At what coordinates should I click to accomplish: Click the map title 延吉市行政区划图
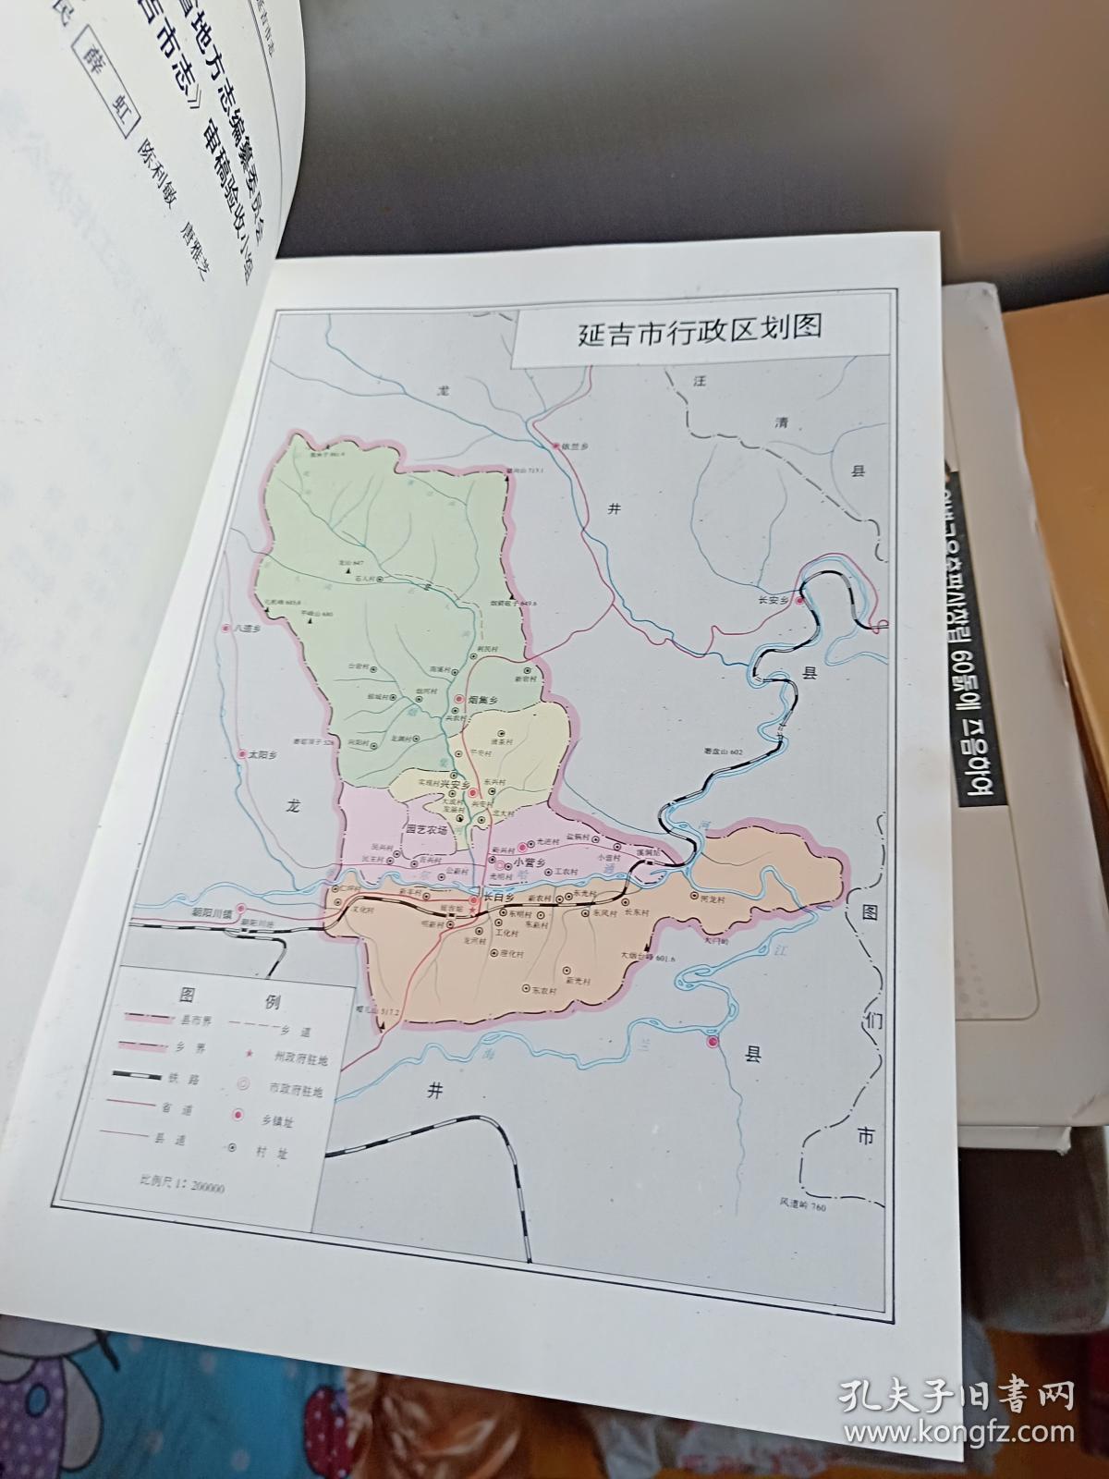pos(700,330)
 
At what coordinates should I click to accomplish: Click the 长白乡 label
pos(500,896)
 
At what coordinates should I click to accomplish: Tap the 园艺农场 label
pos(426,830)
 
